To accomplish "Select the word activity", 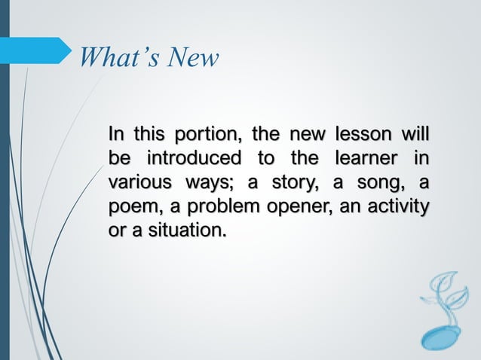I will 399,206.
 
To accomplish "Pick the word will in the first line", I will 414,136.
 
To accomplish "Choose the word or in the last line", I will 116,229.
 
